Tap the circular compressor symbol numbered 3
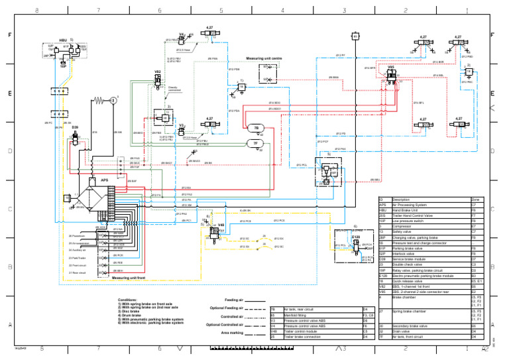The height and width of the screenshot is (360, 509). [113, 100]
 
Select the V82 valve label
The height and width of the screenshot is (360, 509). [157, 70]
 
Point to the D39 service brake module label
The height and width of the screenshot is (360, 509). [75, 127]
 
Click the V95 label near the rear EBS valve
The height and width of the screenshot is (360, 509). [391, 67]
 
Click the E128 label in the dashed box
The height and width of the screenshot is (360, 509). [356, 235]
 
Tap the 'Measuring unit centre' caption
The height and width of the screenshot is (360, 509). [265, 58]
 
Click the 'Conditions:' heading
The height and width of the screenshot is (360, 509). [128, 300]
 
